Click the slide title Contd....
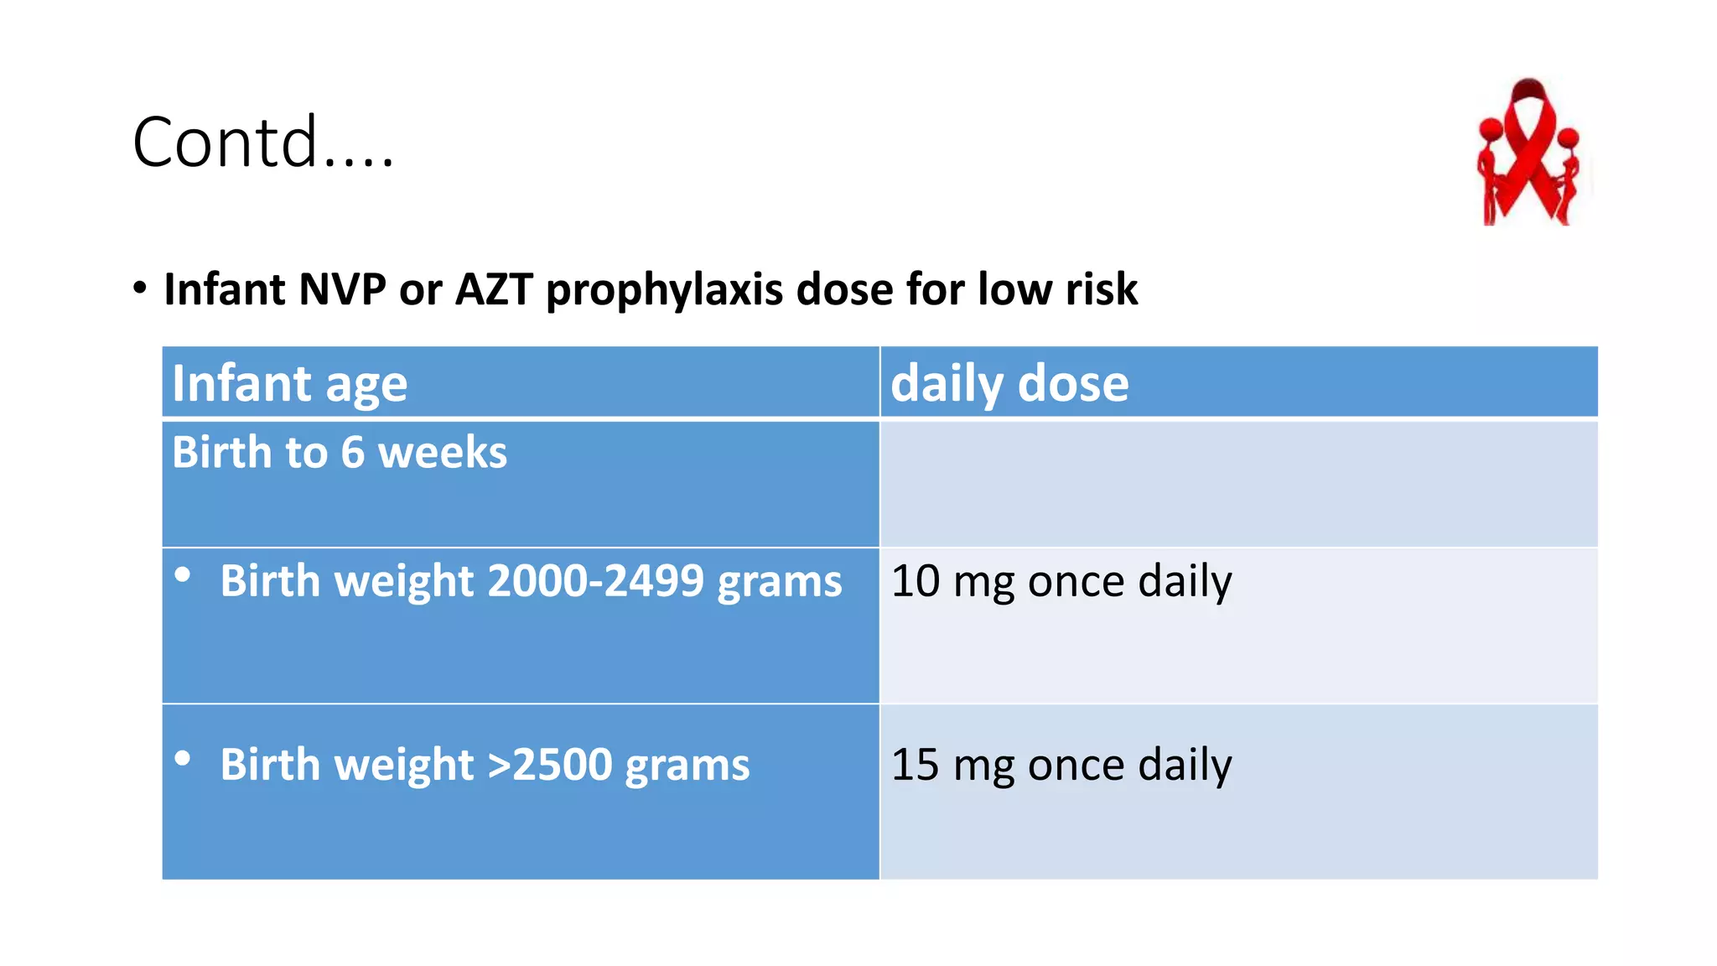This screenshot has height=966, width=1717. pyautogui.click(x=262, y=143)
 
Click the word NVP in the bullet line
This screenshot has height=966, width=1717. pyautogui.click(x=342, y=290)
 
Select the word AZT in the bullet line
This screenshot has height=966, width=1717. pyautogui.click(x=493, y=290)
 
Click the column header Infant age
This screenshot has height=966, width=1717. pyautogui.click(x=289, y=384)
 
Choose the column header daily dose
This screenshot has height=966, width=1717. pyautogui.click(x=1009, y=384)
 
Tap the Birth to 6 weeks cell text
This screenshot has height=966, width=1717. pyautogui.click(x=340, y=453)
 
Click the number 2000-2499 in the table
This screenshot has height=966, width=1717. pyautogui.click(x=594, y=581)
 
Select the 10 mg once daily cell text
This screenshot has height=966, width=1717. pyautogui.click(x=1061, y=581)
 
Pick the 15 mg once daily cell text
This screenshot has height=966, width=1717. pyautogui.click(x=1061, y=765)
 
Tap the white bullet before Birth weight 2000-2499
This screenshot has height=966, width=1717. pyautogui.click(x=183, y=575)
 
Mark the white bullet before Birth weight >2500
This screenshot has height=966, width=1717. pyautogui.click(x=183, y=759)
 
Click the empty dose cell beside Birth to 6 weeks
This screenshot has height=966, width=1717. pyautogui.click(x=1238, y=484)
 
